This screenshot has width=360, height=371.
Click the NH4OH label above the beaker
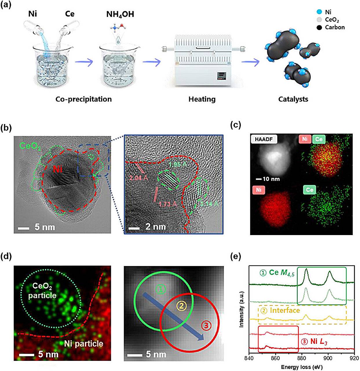tap(120, 14)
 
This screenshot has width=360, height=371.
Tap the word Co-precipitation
tap(83, 99)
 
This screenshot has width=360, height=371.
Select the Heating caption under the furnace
tap(202, 99)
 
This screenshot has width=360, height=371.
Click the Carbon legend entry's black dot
tap(319, 28)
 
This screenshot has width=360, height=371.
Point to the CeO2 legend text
tap(332, 20)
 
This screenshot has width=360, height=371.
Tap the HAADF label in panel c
tap(264, 139)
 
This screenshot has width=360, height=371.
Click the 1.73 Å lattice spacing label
tap(168, 204)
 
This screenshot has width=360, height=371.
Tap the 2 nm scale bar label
tap(156, 227)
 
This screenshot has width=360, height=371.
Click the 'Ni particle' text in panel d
tap(83, 344)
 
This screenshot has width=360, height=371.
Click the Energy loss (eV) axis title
tap(301, 367)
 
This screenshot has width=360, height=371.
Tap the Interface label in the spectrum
tap(285, 310)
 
